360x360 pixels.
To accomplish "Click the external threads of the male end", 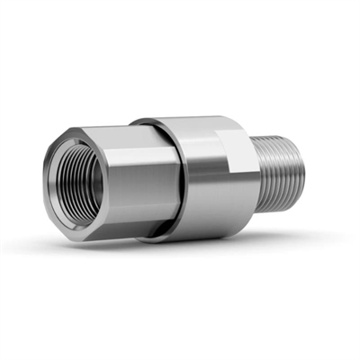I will point(284,171).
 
